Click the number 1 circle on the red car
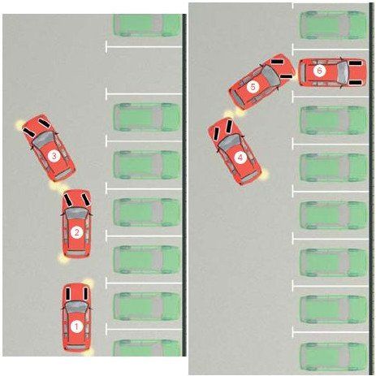click(76, 326)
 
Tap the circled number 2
click(76, 232)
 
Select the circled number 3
click(54, 156)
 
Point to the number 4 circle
click(240, 158)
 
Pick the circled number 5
click(253, 87)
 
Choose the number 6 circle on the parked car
click(319, 71)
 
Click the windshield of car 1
click(76, 306)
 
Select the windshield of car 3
click(44, 140)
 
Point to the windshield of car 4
click(230, 142)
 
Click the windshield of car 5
click(270, 75)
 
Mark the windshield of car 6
click(343, 72)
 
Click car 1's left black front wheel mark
click(67, 294)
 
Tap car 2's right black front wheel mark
click(86, 199)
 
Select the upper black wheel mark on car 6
click(355, 63)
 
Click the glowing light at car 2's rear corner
click(63, 259)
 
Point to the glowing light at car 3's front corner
click(19, 124)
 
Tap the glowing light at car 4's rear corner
click(265, 175)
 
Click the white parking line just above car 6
click(331, 50)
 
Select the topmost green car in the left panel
click(147, 25)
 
